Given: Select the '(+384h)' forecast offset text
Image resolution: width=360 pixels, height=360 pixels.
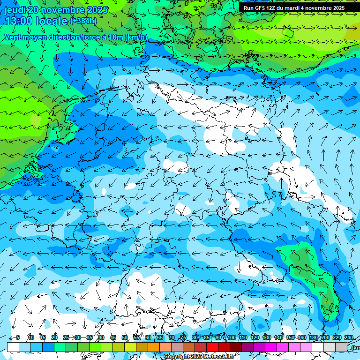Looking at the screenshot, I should coord(83,21).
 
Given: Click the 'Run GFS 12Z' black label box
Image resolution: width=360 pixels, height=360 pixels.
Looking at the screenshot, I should coord(294,8).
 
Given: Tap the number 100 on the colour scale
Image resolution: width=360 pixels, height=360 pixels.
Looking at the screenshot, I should coord(232,337).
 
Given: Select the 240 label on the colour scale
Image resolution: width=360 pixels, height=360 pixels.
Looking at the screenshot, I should coord(348,337).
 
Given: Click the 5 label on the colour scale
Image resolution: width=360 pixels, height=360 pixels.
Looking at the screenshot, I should coord(18,337).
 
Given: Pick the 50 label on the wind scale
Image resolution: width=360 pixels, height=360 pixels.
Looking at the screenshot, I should coord(125,337).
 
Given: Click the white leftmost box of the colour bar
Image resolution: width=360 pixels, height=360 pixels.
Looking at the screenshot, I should coord(13,347).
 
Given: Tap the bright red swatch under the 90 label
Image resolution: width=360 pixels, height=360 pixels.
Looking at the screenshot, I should coord(212,347).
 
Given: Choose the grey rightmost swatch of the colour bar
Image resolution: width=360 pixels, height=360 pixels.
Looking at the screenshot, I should coord(341,347).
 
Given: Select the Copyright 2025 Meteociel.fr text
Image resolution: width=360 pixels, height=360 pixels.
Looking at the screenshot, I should coord(199,357).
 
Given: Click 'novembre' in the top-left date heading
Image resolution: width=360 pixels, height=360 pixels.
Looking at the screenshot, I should coord(64,10).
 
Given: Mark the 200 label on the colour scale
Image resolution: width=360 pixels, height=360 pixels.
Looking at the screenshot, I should coord(325,337).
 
